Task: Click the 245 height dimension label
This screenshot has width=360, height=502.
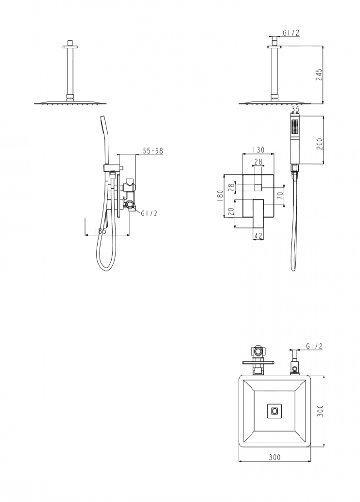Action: [319, 74]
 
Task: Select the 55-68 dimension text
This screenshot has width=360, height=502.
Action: [153, 151]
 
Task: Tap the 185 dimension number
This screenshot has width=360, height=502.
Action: [101, 231]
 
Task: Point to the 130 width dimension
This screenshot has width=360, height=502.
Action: [258, 150]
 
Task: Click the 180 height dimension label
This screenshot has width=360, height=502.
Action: [219, 195]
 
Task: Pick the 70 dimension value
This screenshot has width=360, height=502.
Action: [280, 196]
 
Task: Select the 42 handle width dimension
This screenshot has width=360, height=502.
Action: [258, 236]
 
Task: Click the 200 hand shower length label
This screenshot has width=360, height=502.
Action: [319, 144]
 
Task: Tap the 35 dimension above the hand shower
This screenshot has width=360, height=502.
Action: [295, 109]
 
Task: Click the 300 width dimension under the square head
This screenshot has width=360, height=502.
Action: [275, 457]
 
